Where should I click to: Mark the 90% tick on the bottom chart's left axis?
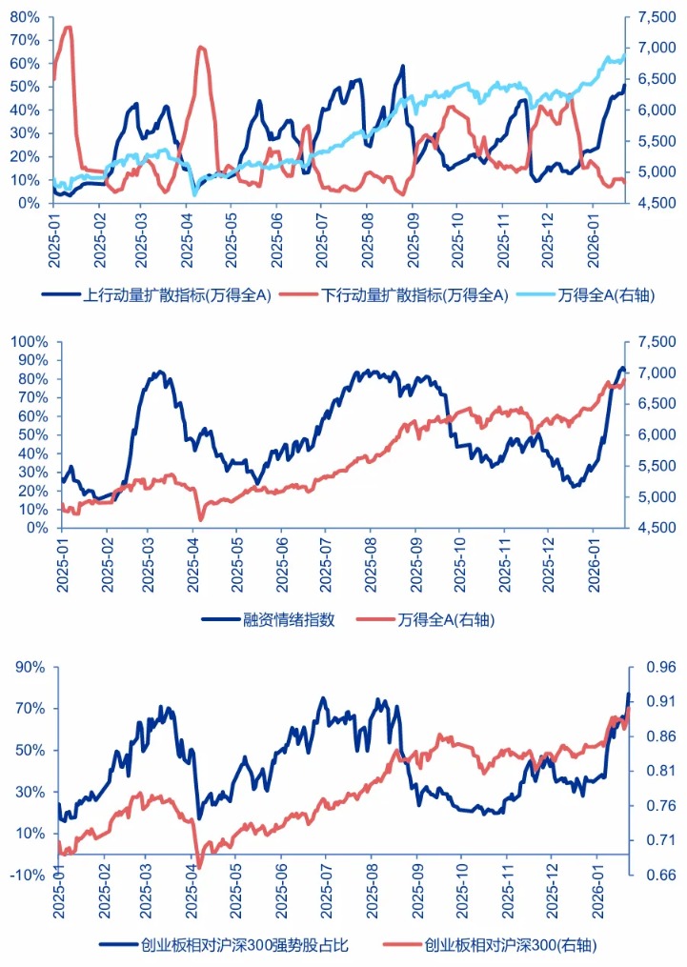tap(26, 667)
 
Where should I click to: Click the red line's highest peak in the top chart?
tap(68, 27)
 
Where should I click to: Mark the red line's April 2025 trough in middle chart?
tap(200, 519)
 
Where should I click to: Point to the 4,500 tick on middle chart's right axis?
tap(650, 528)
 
